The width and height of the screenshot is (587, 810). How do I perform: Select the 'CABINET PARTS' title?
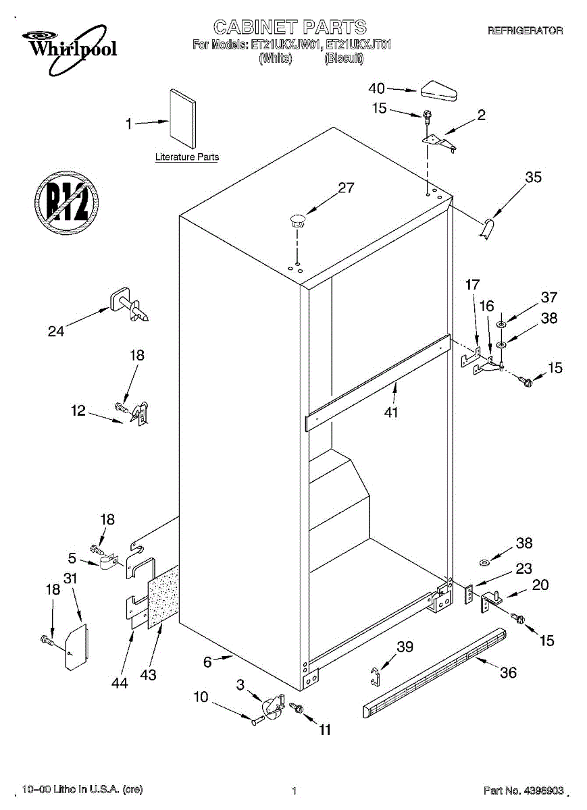click(x=290, y=27)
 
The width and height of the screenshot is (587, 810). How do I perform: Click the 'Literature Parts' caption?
click(x=187, y=157)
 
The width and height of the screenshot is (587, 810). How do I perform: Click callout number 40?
click(x=376, y=88)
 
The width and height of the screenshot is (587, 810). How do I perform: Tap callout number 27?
click(x=346, y=188)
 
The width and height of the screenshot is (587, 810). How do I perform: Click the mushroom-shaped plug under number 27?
click(x=297, y=218)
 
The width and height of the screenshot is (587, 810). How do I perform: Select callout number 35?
click(x=533, y=178)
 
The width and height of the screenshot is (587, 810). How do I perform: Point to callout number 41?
click(x=390, y=412)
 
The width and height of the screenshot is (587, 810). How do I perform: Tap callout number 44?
click(x=120, y=683)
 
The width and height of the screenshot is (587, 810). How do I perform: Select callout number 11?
click(x=325, y=729)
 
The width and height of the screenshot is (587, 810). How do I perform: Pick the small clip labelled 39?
click(x=376, y=676)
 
